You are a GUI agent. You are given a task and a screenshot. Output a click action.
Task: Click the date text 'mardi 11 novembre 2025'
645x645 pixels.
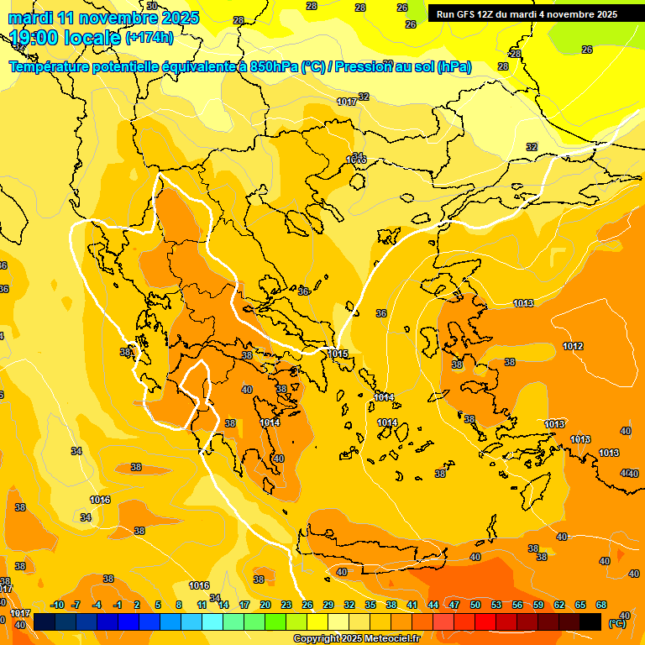[103, 18]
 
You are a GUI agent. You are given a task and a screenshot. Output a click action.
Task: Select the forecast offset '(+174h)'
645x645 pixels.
[149, 38]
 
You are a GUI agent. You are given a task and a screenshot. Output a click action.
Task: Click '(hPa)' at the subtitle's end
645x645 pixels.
[454, 67]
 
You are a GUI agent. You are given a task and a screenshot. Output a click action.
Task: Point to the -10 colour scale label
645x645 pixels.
[57, 605]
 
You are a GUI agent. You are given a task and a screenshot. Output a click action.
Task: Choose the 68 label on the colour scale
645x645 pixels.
[601, 605]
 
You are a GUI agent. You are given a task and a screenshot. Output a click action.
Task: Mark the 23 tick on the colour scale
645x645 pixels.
[286, 605]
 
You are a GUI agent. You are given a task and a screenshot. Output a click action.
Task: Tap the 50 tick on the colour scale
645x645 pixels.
[475, 605]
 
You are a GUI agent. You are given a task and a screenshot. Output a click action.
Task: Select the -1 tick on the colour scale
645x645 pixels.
[118, 605]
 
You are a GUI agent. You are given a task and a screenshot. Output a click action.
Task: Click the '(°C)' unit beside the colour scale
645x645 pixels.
[616, 623]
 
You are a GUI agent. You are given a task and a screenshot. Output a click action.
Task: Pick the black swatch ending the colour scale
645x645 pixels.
[590, 621]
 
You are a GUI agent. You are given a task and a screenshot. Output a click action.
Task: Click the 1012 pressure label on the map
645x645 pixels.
[574, 346]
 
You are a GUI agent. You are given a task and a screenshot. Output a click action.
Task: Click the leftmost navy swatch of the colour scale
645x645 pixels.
[45, 621]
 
